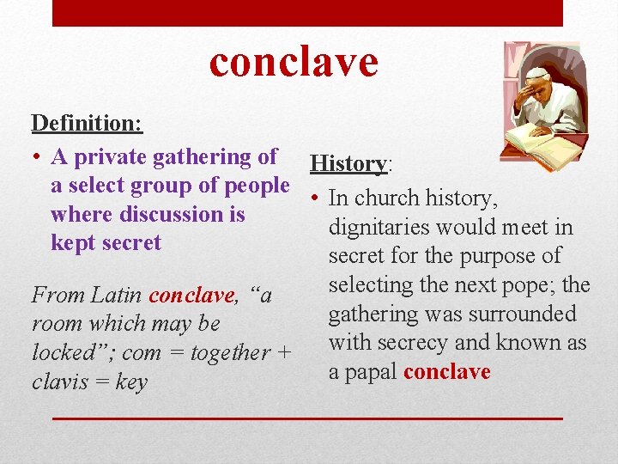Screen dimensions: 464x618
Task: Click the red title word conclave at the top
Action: click(294, 62)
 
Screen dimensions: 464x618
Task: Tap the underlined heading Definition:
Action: click(87, 123)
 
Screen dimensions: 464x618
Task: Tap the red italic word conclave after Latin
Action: click(191, 296)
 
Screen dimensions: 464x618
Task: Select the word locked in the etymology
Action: click(65, 352)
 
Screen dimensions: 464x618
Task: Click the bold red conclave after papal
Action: click(446, 372)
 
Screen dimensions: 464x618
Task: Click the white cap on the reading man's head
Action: click(537, 73)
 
